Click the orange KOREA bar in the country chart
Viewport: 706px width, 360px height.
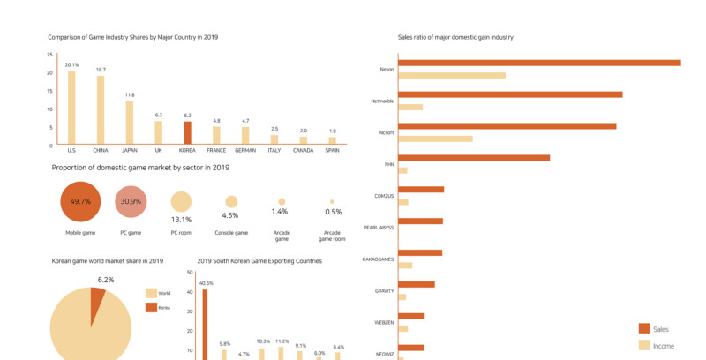(x=187, y=132)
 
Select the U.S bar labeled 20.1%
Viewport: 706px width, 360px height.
(x=71, y=107)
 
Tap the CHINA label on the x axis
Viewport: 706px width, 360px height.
(x=101, y=150)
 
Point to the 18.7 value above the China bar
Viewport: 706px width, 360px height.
(x=101, y=70)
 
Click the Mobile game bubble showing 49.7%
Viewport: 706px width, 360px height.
(x=80, y=201)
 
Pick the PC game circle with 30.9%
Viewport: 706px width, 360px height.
(x=131, y=201)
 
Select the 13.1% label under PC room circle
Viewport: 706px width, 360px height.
(x=181, y=220)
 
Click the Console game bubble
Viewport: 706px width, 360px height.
(x=231, y=202)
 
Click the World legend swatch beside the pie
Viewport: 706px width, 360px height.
(x=151, y=293)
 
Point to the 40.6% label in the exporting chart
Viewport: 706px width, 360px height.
(x=206, y=283)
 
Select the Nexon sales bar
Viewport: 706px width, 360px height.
(x=539, y=63)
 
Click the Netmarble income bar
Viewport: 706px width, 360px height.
(x=410, y=107)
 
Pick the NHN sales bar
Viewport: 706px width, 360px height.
(x=474, y=158)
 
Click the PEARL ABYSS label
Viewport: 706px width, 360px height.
(x=379, y=227)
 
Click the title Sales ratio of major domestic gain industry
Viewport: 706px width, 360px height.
(x=455, y=37)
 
